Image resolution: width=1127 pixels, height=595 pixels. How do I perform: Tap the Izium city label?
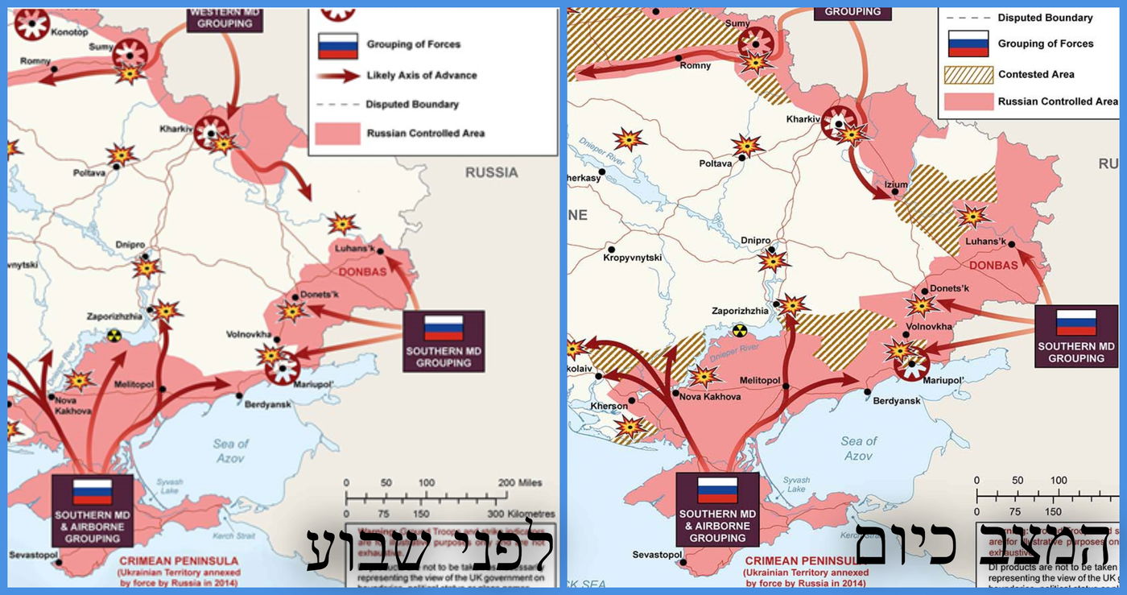click(895, 184)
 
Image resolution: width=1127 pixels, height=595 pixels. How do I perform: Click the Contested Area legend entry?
click(1036, 74)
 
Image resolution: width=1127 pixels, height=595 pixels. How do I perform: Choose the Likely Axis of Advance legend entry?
click(421, 75)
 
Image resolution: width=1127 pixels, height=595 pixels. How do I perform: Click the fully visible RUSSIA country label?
click(491, 171)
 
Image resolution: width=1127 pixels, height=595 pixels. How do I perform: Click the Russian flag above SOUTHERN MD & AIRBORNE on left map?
click(92, 491)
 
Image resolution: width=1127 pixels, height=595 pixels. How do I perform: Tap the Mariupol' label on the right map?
click(943, 379)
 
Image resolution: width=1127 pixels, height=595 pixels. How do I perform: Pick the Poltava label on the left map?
click(89, 172)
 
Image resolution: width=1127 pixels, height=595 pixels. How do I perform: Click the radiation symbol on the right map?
click(740, 330)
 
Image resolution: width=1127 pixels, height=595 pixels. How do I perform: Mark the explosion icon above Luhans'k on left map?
click(343, 224)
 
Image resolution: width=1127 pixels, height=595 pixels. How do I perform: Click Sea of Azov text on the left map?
click(231, 451)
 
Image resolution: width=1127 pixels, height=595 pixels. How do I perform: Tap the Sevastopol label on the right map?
click(657, 555)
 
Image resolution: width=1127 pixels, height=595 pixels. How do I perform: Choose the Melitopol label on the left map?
click(130, 385)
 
